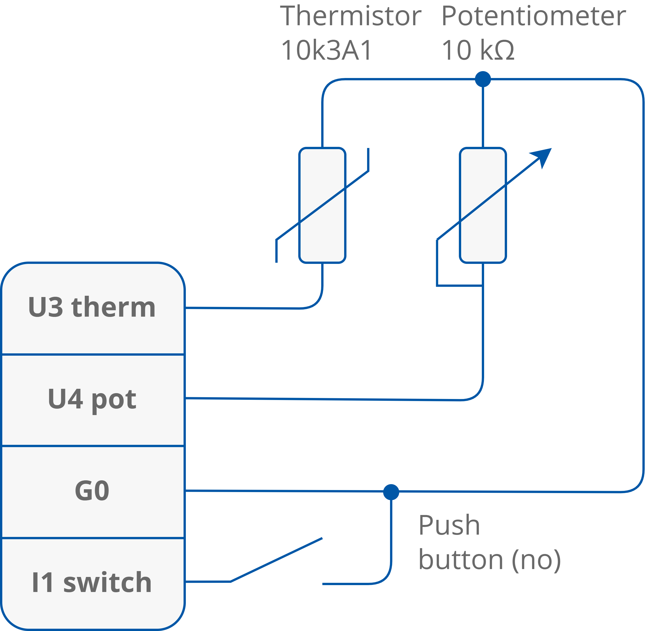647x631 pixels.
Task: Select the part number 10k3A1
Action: pos(327,50)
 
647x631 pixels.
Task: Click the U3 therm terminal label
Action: pos(92,307)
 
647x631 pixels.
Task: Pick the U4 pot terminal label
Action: pos(92,399)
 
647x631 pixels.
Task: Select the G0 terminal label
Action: pos(92,491)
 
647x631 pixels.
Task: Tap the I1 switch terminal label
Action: pos(92,582)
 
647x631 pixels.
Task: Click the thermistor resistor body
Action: pos(322,205)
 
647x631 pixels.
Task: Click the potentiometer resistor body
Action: pos(483,205)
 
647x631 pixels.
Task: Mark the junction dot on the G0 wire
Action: pos(391,492)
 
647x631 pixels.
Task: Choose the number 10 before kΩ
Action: pos(457,50)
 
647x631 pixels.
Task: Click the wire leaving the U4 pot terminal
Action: pos(298,399)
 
